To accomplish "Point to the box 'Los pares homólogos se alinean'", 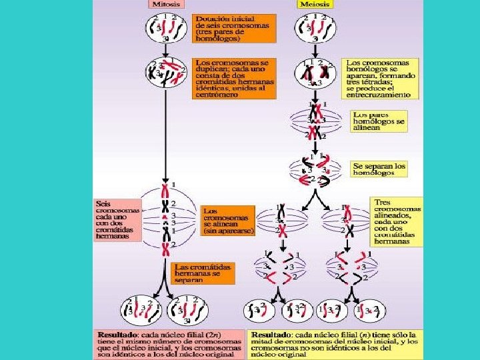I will point(379,121).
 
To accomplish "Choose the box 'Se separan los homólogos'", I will point(379,169).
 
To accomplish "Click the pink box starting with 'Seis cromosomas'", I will point(117,219).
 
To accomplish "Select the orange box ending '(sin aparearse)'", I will point(227,219).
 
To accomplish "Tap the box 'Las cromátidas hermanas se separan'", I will point(202,272).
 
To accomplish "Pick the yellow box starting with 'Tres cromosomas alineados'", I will point(396,221).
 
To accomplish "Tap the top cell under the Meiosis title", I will point(314,27).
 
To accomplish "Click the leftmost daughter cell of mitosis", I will point(137,310).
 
